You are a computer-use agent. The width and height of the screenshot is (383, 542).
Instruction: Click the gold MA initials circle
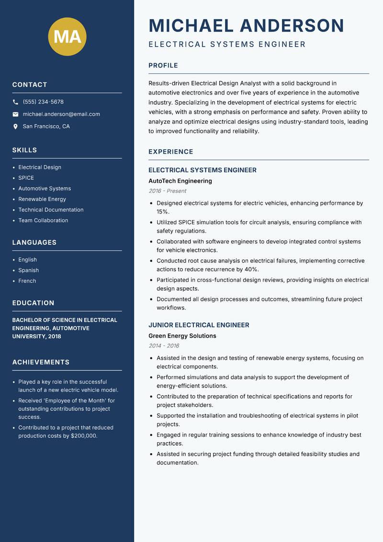pyautogui.click(x=68, y=36)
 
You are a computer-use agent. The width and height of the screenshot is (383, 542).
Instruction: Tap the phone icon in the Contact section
pyautogui.click(x=15, y=102)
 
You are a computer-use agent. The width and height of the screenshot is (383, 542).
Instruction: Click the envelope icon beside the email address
pyautogui.click(x=15, y=114)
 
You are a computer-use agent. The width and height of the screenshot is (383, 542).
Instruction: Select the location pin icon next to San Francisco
pyautogui.click(x=15, y=127)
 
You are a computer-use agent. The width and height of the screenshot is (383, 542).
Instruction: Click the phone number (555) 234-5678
pyautogui.click(x=43, y=102)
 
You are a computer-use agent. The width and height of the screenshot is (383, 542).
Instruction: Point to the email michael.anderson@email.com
pyautogui.click(x=61, y=114)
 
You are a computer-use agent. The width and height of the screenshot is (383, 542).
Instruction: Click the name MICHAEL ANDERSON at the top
pyautogui.click(x=246, y=25)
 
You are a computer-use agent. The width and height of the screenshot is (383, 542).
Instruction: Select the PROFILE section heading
pyautogui.click(x=163, y=66)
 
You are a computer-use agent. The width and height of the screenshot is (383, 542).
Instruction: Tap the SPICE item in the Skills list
pyautogui.click(x=26, y=178)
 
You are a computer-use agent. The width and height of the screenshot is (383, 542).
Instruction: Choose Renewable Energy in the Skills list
pyautogui.click(x=42, y=199)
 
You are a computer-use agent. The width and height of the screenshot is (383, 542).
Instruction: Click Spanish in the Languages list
pyautogui.click(x=29, y=271)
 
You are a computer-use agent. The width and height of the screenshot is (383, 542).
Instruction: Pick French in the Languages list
pyautogui.click(x=27, y=281)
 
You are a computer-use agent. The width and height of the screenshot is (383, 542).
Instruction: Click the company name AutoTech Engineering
pyautogui.click(x=180, y=181)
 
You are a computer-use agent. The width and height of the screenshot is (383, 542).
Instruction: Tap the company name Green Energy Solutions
pyautogui.click(x=182, y=336)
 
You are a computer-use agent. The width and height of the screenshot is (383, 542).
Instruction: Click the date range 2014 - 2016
pyautogui.click(x=164, y=346)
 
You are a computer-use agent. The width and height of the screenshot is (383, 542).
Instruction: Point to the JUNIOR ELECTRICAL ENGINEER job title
pyautogui.click(x=199, y=325)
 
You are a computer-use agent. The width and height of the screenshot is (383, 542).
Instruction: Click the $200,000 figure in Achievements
pyautogui.click(x=84, y=436)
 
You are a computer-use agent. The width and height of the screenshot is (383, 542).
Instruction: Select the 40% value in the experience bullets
pyautogui.click(x=251, y=270)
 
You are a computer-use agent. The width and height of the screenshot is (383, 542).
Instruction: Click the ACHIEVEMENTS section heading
pyautogui.click(x=41, y=362)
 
